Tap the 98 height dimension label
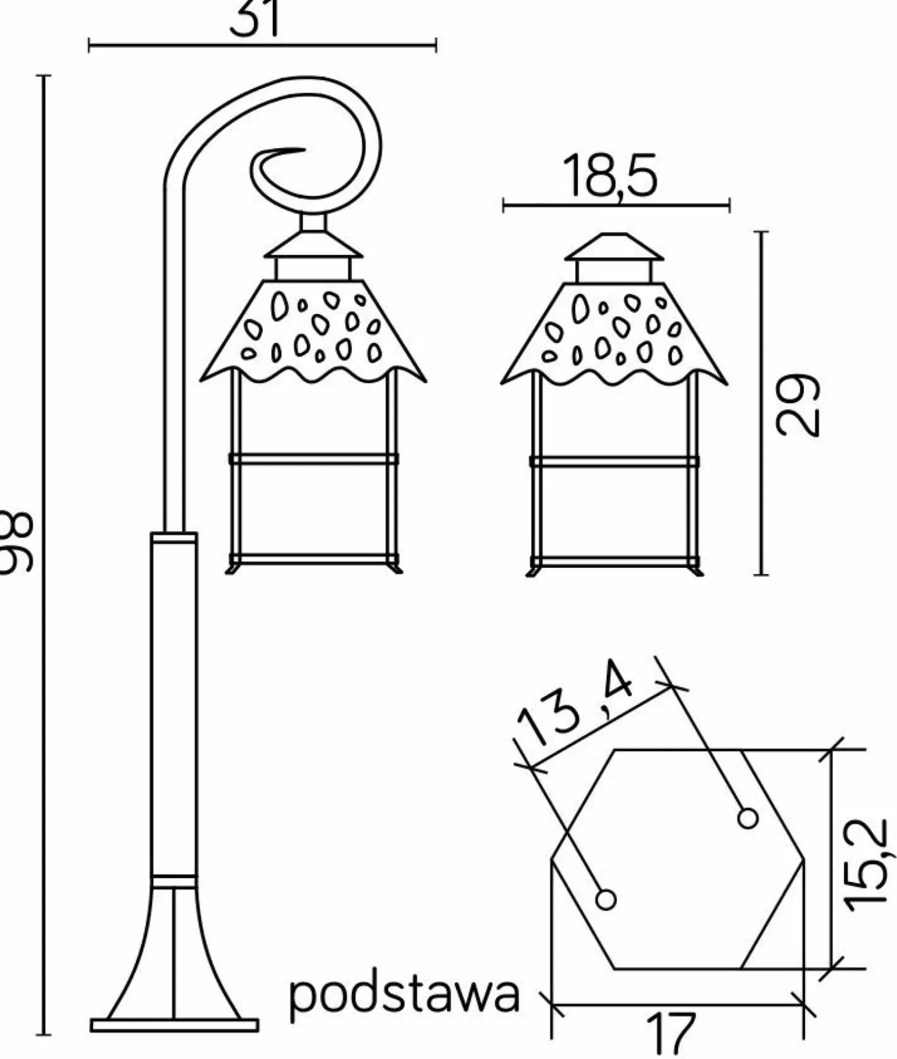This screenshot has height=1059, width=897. click(16, 542)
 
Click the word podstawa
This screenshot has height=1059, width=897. click(404, 996)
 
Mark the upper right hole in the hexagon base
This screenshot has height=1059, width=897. click(747, 818)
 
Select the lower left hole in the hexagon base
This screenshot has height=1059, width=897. click(606, 900)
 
